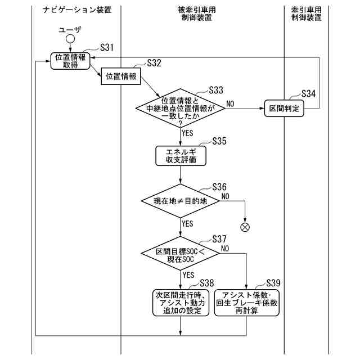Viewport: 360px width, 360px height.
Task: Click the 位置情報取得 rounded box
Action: coord(71,61)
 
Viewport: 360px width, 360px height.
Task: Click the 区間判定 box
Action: coord(284,108)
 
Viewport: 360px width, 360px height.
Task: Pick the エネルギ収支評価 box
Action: coord(181,156)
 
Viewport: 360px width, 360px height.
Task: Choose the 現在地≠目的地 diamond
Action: coord(181,200)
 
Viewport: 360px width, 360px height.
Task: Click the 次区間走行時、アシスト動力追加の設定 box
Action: coord(181,302)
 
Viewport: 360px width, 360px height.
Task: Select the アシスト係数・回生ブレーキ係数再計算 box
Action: coord(246,302)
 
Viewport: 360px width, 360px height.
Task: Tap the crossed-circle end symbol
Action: coord(245,227)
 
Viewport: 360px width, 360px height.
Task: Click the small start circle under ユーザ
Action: coord(70,39)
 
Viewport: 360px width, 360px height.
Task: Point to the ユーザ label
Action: coord(70,28)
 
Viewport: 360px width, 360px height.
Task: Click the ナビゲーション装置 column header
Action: coord(77,10)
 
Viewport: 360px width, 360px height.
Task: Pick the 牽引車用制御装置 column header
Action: coord(306,13)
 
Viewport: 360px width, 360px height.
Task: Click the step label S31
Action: coord(107,48)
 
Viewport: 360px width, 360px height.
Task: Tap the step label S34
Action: coord(309,93)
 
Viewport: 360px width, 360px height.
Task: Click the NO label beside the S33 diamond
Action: coord(231,103)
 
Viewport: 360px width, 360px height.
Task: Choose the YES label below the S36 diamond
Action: coord(187,223)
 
